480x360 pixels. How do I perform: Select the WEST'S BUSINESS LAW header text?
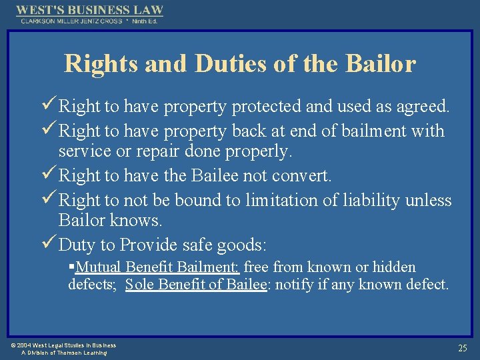89,10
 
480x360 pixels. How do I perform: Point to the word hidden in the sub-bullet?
393,267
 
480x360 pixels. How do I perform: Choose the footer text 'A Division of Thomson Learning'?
64,353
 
